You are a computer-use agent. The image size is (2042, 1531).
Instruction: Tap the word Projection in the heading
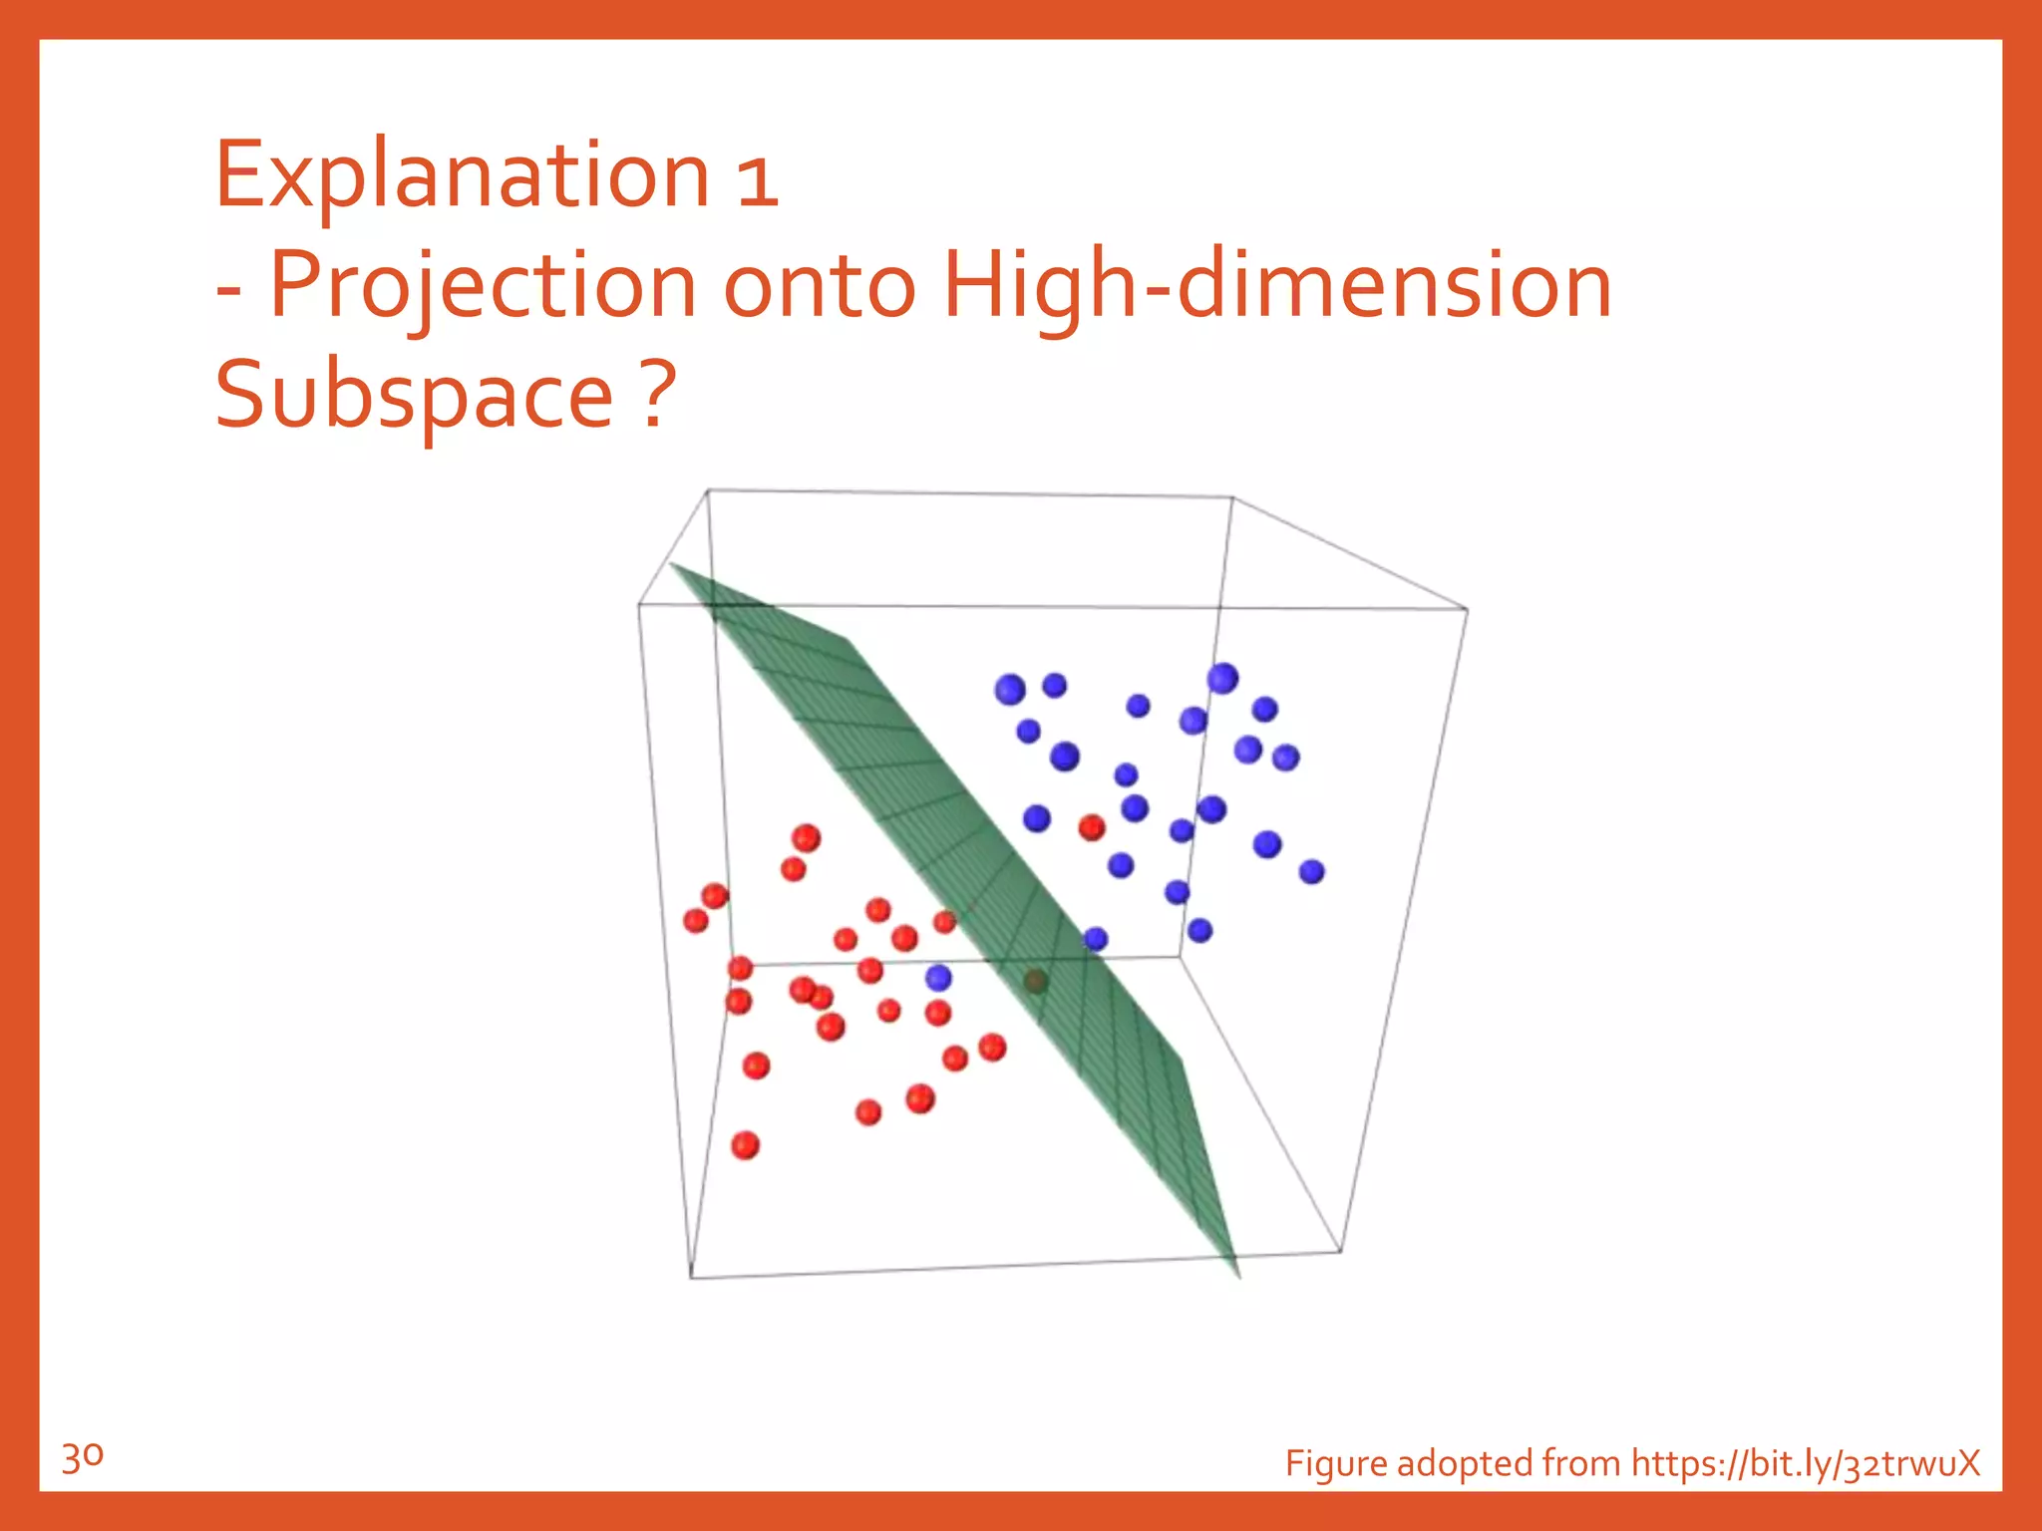tap(483, 288)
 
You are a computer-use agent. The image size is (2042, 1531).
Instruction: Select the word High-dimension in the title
tap(1277, 288)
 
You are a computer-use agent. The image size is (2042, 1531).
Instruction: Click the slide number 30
tap(82, 1458)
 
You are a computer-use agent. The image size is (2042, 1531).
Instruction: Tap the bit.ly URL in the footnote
tap(1805, 1463)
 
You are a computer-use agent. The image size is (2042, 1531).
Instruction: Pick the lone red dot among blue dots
tap(1092, 827)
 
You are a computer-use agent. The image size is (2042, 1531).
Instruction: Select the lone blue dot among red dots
tap(938, 978)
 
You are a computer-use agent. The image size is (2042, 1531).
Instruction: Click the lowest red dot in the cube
tap(745, 1145)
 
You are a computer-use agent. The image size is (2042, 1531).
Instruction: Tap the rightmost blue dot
tap(1311, 872)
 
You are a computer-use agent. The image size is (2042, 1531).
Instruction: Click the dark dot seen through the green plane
tap(1035, 983)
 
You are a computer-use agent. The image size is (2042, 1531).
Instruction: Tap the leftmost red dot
tap(696, 920)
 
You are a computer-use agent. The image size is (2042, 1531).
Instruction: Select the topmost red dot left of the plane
tap(806, 837)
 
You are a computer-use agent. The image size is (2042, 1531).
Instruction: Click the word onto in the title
tap(819, 288)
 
